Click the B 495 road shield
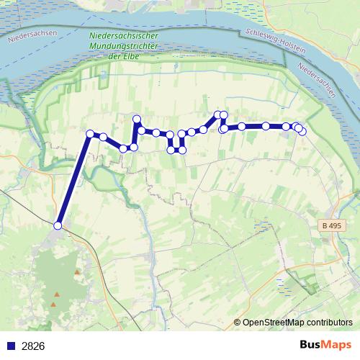332,226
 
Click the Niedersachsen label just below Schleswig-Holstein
316,79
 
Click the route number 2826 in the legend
33,346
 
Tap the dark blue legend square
11,346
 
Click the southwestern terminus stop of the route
58,225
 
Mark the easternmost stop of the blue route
302,131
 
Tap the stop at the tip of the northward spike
137,119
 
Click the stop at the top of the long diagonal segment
90,133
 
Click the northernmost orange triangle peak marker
76,272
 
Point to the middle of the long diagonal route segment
74,179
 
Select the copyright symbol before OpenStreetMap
238,323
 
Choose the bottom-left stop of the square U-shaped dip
171,150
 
